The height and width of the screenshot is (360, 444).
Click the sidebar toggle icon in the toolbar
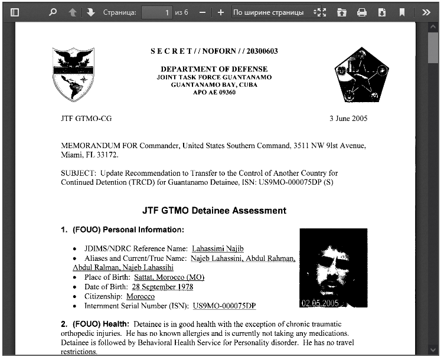click(x=15, y=12)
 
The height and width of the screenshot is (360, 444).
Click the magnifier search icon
click(x=53, y=12)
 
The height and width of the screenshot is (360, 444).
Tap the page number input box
click(x=156, y=12)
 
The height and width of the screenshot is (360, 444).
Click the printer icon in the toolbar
click(x=362, y=12)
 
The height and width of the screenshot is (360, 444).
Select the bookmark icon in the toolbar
click(x=401, y=12)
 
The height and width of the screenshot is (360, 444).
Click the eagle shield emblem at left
click(x=73, y=74)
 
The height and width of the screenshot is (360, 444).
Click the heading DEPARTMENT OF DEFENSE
click(x=214, y=69)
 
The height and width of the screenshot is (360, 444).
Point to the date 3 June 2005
click(x=348, y=119)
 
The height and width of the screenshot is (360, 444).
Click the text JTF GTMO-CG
click(x=86, y=119)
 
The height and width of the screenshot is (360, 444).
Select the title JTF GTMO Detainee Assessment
click(x=214, y=211)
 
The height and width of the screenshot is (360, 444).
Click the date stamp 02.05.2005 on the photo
click(x=319, y=303)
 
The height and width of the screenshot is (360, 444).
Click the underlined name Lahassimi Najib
click(x=218, y=249)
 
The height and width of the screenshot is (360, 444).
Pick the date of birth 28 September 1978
click(x=162, y=287)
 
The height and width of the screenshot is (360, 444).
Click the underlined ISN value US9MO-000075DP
click(x=224, y=306)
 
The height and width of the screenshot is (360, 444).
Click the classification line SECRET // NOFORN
click(x=214, y=51)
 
